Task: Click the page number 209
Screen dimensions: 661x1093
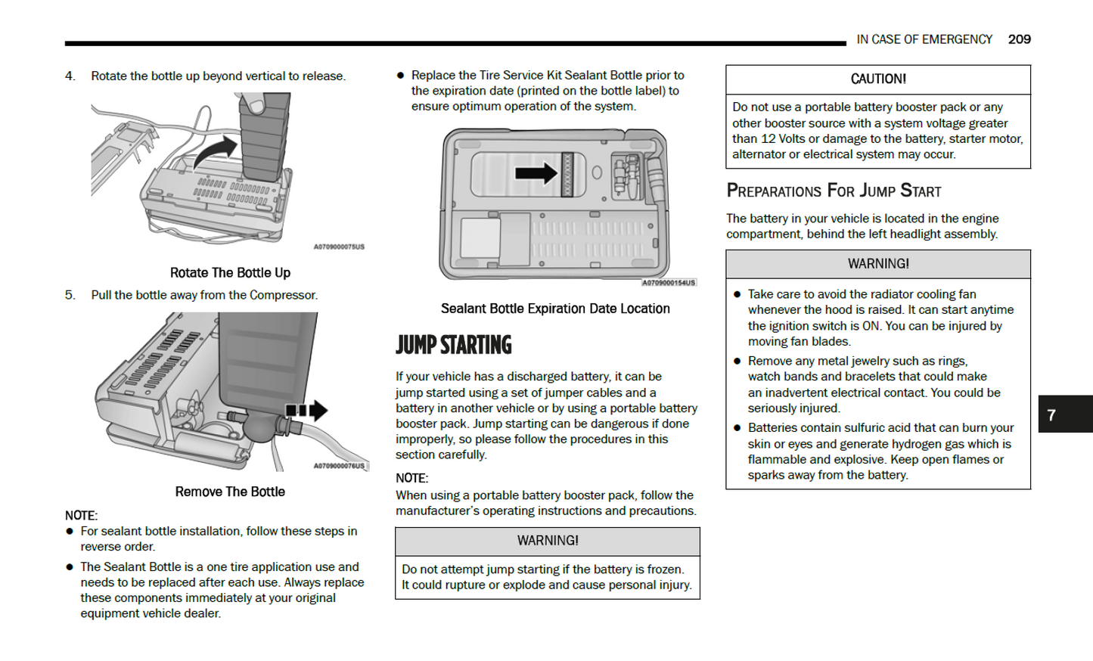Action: click(1019, 39)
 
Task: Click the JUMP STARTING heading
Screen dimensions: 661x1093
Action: click(453, 345)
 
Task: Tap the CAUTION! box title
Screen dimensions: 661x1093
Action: click(877, 79)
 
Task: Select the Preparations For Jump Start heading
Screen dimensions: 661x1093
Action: click(834, 191)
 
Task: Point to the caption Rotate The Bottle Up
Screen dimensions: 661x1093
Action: click(230, 272)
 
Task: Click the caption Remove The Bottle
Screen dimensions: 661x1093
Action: click(230, 492)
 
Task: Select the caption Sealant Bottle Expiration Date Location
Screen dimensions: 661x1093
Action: click(555, 309)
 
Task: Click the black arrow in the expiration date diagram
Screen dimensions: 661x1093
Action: click(536, 173)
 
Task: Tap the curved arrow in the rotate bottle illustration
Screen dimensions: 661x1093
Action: click(216, 151)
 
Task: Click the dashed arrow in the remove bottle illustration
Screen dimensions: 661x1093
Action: click(307, 411)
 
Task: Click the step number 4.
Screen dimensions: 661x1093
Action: click(70, 76)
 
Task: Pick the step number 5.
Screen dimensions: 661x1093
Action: click(70, 295)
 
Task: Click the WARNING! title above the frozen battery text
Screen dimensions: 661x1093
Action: click(548, 541)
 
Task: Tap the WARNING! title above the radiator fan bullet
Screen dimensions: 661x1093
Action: click(877, 264)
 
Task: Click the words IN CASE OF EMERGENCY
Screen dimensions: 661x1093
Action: click(924, 39)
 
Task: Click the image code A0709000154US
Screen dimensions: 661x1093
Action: click(668, 283)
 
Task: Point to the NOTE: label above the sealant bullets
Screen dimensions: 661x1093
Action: click(81, 516)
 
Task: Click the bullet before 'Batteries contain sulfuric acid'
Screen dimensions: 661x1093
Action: click(737, 428)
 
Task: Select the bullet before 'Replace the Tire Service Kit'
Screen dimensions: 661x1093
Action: click(400, 76)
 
